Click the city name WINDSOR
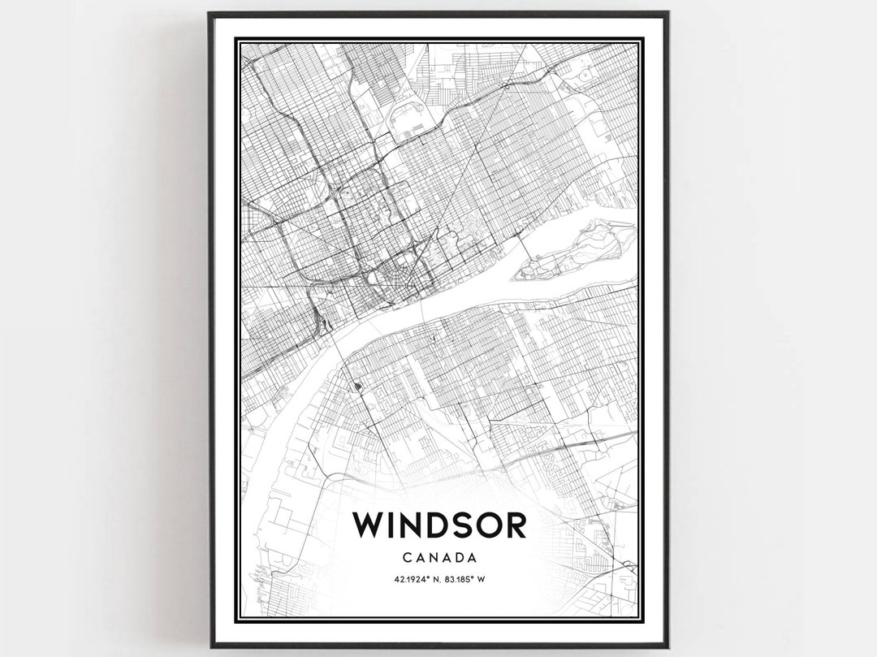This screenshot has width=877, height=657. (x=439, y=525)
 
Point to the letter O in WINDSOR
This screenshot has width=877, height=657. (x=484, y=525)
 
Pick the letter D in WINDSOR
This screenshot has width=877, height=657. (x=429, y=525)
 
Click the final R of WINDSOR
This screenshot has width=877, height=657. (x=513, y=525)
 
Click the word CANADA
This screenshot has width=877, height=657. (x=438, y=558)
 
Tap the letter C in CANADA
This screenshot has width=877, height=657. (x=406, y=558)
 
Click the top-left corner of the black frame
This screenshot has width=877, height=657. (x=210, y=13)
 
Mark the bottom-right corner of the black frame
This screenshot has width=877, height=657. (x=667, y=646)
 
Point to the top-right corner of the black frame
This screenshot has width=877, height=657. (x=667, y=13)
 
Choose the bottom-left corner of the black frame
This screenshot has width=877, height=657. (x=210, y=646)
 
